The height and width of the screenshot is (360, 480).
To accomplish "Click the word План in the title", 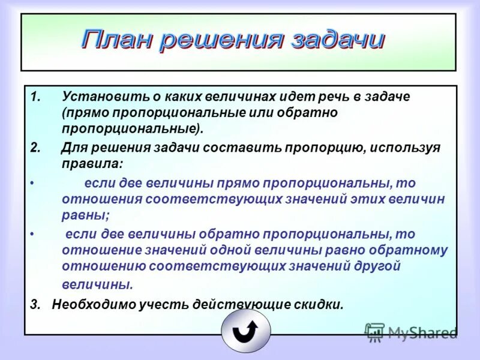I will pyautogui.click(x=117, y=40).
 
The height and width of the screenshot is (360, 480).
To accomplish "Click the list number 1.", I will pyautogui.click(x=35, y=97).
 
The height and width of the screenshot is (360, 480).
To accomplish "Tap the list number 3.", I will pyautogui.click(x=35, y=304).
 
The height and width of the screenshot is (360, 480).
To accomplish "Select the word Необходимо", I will pyautogui.click(x=89, y=304).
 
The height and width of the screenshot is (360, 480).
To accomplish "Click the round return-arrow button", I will pyautogui.click(x=246, y=330).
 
